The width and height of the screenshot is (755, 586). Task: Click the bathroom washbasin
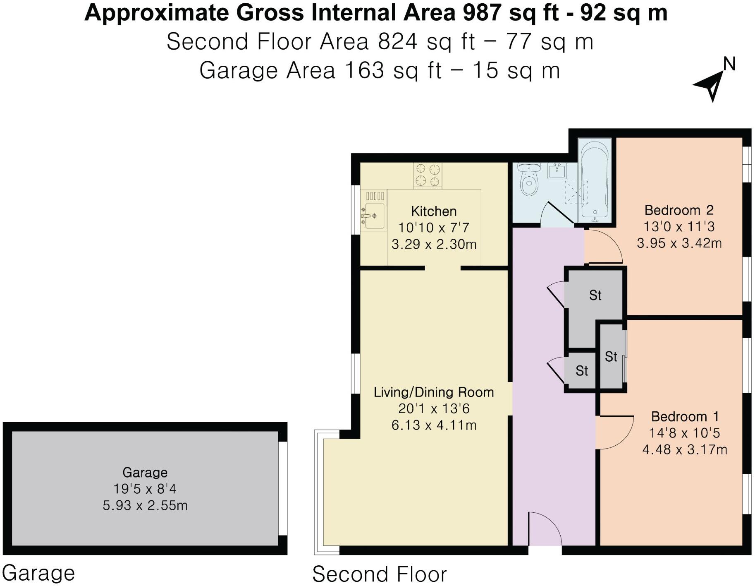pos(557,171)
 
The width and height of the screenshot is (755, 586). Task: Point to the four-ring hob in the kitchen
pos(428,175)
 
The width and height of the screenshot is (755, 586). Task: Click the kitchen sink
pos(373,215)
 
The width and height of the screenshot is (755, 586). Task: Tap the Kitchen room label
pos(433,211)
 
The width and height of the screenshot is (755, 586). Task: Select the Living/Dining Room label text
pos(433,392)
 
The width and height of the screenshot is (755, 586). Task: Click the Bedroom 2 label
pos(679,210)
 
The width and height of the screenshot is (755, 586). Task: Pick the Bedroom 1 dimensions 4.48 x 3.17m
pos(684,449)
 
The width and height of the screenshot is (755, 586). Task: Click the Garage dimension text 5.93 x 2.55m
pos(145,505)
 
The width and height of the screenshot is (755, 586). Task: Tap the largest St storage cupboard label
pos(595,295)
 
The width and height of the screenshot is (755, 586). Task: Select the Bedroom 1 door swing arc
pos(616,432)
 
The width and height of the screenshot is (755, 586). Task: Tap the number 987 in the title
pos(481,13)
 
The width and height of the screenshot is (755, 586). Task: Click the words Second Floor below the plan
pos(379,574)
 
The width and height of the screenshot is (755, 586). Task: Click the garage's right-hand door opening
pos(282,489)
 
